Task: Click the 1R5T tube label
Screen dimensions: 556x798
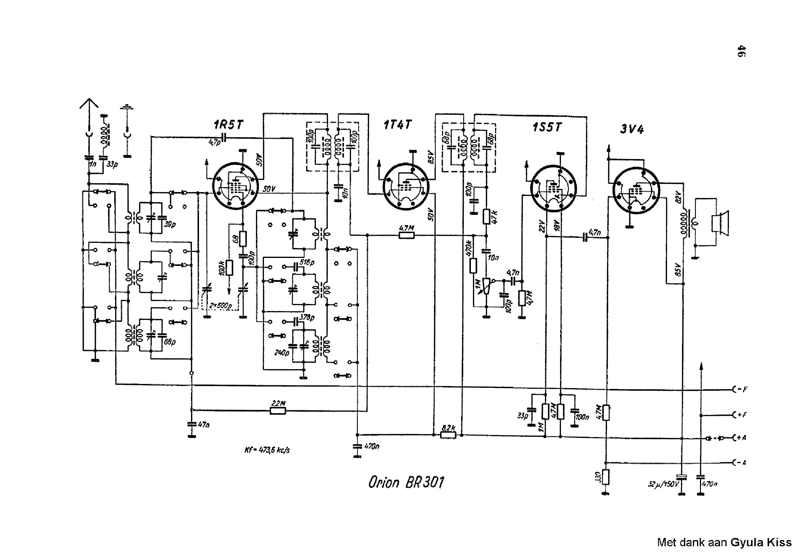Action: [228, 125]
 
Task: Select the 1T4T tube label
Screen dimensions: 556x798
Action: [398, 125]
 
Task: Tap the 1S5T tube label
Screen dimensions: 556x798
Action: [547, 127]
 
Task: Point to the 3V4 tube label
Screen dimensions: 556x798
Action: [632, 130]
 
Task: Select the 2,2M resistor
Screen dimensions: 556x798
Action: [278, 411]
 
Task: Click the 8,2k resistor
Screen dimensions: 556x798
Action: [448, 435]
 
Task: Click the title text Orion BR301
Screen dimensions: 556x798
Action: [406, 482]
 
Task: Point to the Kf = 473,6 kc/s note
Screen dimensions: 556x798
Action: [267, 450]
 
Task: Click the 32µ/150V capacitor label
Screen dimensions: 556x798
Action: [663, 484]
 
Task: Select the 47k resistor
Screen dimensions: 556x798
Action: [487, 217]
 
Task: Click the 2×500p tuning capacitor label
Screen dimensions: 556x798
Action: [220, 306]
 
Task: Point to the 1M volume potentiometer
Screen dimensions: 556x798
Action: [486, 286]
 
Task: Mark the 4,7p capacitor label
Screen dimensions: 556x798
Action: [214, 142]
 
